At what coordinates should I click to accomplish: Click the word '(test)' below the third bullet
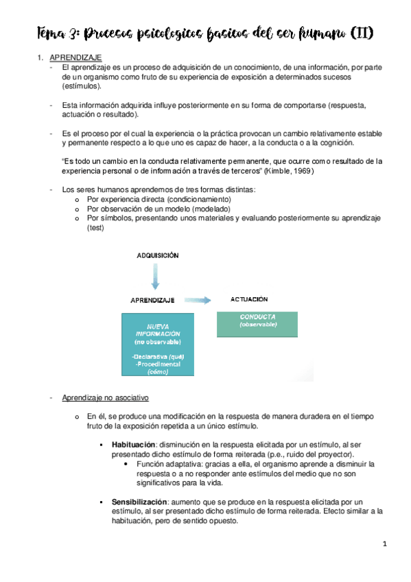tap(96, 228)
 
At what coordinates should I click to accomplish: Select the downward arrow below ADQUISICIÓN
tap(156, 278)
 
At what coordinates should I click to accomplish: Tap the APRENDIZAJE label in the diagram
tap(153, 300)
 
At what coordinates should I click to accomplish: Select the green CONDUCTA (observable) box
tap(257, 323)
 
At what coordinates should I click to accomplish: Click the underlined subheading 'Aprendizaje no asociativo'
tap(105, 398)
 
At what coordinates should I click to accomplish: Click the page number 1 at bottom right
tap(386, 544)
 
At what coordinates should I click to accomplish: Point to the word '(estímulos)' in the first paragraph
tap(80, 87)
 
